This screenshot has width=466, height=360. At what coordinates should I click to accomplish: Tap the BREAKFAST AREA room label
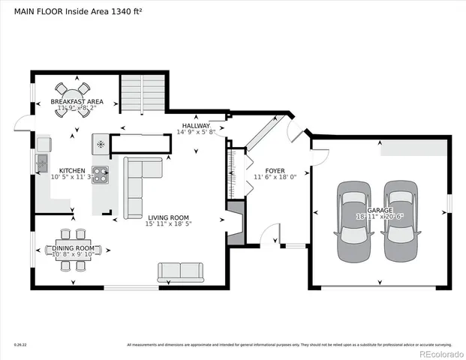click(x=76, y=101)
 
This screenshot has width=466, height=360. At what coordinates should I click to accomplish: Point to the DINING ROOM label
click(x=73, y=247)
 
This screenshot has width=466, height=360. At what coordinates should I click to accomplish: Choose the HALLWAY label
click(x=195, y=125)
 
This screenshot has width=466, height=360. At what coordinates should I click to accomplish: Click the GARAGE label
click(x=379, y=211)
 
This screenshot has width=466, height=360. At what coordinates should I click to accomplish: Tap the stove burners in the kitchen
click(x=100, y=175)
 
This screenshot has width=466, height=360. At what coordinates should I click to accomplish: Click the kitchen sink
click(x=42, y=162)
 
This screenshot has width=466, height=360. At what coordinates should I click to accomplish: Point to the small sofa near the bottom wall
click(x=179, y=271)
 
